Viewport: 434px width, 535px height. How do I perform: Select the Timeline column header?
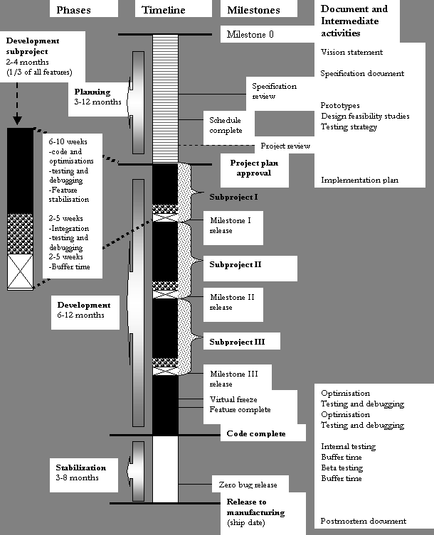(x=164, y=11)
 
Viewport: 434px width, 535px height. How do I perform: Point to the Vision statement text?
(x=351, y=52)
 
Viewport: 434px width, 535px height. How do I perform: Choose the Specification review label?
(x=275, y=91)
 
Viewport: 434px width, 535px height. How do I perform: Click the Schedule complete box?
(x=226, y=125)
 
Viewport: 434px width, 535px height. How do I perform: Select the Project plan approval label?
(x=255, y=168)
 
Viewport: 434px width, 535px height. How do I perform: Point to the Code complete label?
(x=255, y=433)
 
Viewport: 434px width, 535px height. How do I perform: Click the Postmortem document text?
(x=362, y=521)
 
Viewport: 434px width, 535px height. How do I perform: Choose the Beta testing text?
(x=342, y=468)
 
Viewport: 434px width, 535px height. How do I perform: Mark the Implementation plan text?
(x=359, y=180)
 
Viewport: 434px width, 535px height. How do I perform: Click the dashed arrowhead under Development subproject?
(x=17, y=120)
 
